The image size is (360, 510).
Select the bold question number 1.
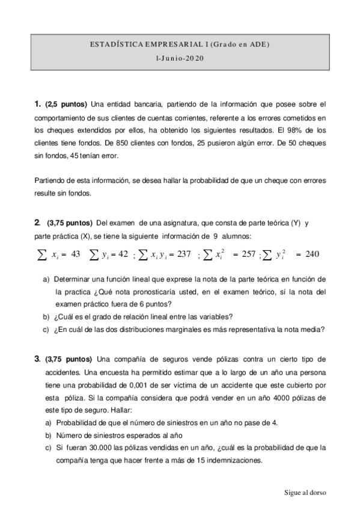click(x=37, y=105)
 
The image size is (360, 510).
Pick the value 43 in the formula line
click(x=75, y=254)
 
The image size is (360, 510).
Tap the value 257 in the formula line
click(x=248, y=254)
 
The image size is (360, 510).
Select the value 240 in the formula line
click(x=312, y=254)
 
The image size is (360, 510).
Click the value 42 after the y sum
click(x=123, y=254)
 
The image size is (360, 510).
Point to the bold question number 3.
click(x=37, y=359)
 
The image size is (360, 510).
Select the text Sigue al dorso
click(x=305, y=492)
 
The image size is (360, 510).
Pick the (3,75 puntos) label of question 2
click(x=69, y=223)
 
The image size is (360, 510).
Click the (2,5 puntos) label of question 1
click(x=66, y=105)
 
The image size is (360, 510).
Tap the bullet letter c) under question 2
click(x=46, y=329)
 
